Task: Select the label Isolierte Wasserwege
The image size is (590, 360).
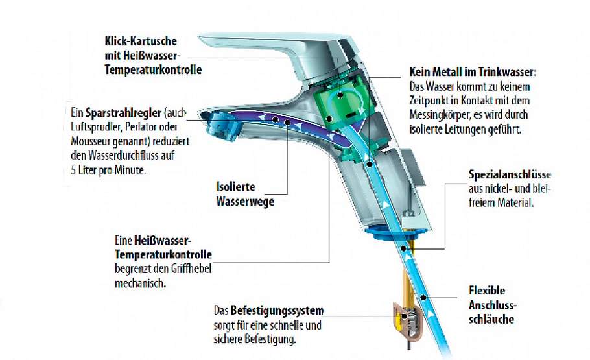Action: coord(244,193)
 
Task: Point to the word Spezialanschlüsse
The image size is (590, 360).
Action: coord(510,175)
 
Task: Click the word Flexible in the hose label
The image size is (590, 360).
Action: coord(486,291)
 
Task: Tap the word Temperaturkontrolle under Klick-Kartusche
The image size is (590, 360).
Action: coord(152,69)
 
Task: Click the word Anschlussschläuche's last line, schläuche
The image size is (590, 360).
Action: coord(491,319)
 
